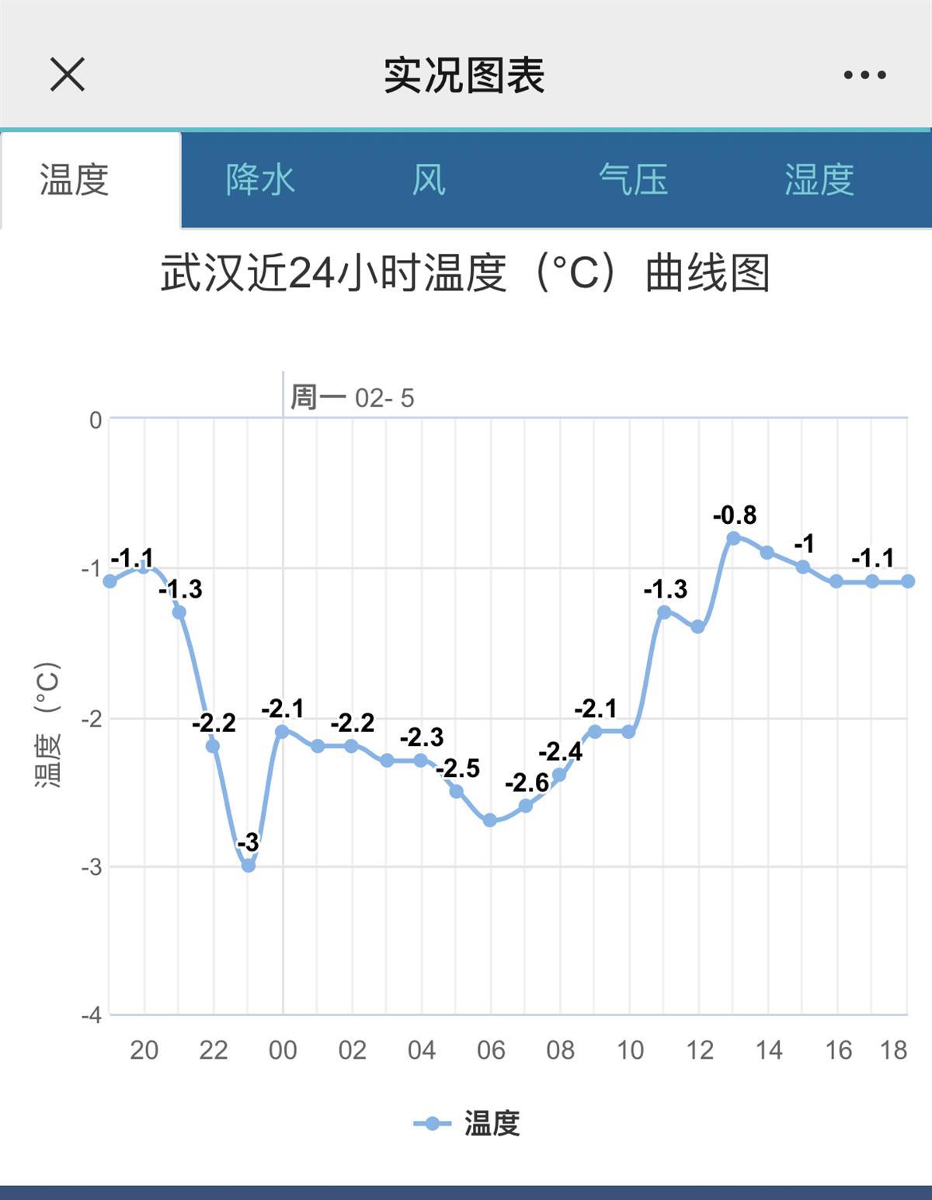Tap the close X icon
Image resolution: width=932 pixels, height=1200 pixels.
tap(68, 75)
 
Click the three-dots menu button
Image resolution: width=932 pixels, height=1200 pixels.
tap(864, 75)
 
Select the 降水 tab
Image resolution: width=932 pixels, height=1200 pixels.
tap(260, 180)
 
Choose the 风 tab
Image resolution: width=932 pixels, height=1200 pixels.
tap(429, 180)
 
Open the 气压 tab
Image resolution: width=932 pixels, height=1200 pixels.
tap(633, 180)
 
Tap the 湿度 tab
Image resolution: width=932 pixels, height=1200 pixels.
tap(819, 180)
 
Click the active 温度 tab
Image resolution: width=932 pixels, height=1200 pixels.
tap(75, 180)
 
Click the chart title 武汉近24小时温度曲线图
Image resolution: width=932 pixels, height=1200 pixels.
tap(464, 273)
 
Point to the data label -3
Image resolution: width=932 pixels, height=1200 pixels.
tap(248, 842)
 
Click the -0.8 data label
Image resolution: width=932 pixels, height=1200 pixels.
tap(735, 515)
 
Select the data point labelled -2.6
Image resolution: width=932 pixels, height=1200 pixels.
tap(526, 806)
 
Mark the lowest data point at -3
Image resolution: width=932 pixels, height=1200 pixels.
tap(249, 865)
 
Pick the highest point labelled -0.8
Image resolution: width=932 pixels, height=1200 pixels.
tap(733, 538)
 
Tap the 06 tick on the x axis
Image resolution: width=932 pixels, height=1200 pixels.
tap(491, 1050)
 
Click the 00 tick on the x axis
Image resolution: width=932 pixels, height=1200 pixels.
tap(283, 1050)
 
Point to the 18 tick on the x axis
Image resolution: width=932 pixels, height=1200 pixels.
tap(893, 1050)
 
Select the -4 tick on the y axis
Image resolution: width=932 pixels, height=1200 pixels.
tap(92, 1015)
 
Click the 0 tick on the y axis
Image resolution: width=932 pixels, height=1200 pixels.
tap(95, 421)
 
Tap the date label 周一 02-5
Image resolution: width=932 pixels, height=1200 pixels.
tap(352, 398)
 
